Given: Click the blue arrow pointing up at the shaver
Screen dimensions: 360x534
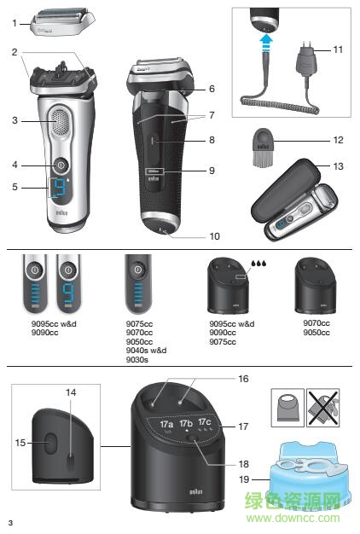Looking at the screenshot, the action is (266, 43).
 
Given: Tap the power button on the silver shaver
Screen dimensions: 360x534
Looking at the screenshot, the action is (61, 165).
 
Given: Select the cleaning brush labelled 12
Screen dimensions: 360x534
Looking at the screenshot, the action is (264, 147).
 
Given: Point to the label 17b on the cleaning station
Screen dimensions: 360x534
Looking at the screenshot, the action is (186, 423).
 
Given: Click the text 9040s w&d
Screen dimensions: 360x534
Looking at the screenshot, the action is (146, 351).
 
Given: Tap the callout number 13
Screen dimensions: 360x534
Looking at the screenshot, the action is (338, 166).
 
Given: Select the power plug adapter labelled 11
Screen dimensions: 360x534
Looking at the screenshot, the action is (307, 60).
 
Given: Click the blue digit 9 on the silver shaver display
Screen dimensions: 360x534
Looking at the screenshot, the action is (59, 188).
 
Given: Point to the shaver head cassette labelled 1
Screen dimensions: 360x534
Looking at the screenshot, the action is (62, 23).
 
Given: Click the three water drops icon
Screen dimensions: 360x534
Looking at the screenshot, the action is (258, 264).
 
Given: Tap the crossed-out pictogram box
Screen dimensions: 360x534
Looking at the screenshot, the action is (322, 408).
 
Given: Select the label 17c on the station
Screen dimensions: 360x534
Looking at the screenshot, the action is (205, 421).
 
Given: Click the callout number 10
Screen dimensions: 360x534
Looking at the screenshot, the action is (215, 236).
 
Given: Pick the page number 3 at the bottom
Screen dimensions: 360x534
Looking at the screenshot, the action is (10, 523).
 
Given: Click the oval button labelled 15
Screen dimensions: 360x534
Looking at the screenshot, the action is (50, 443).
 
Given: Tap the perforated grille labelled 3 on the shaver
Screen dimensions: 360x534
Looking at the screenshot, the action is (61, 122).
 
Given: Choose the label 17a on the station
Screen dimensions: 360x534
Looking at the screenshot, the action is (166, 424).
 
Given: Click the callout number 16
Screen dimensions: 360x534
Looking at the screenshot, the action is (243, 379).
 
